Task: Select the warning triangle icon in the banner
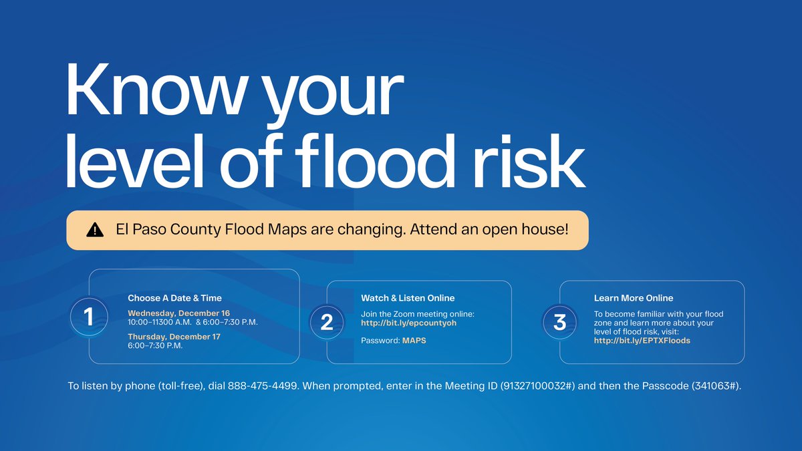coord(96,231)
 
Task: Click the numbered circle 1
coord(89,315)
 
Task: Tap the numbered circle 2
coord(327,322)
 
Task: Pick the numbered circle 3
coord(560,322)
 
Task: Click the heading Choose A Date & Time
coord(174,298)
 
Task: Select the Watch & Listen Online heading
coord(408,298)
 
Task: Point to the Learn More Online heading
coord(634,298)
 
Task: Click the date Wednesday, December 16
coord(178,313)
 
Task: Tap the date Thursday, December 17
coord(174,337)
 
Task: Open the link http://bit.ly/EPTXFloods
coord(642,341)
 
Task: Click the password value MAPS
coord(414,341)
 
